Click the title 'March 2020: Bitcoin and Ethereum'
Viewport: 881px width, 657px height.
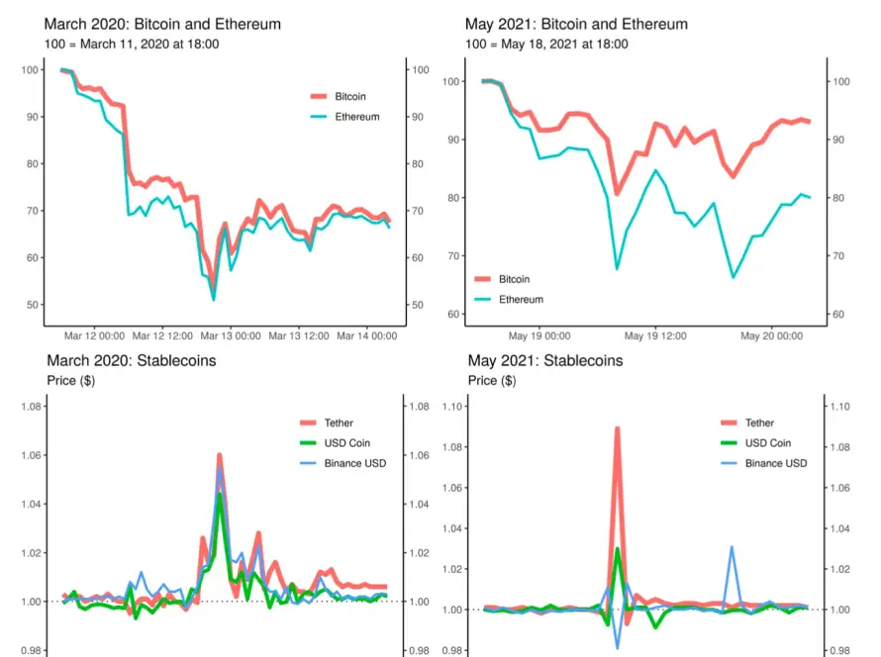click(162, 24)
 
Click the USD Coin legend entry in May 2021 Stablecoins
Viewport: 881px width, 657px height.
click(769, 443)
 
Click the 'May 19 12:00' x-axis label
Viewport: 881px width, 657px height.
click(655, 336)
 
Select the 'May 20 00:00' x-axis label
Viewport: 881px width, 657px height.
click(771, 336)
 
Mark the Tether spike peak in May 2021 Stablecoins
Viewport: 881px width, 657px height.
click(617, 428)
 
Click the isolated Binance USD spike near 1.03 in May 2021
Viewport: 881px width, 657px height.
click(732, 547)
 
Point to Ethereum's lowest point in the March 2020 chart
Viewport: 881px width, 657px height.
click(213, 299)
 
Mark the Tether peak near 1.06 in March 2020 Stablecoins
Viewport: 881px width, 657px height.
click(219, 455)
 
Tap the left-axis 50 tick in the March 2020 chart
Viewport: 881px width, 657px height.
click(34, 305)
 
